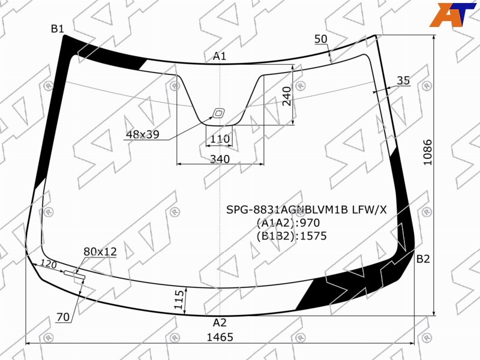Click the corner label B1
pyautogui.click(x=57, y=29)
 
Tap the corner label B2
pyautogui.click(x=423, y=259)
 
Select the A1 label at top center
pyautogui.click(x=220, y=56)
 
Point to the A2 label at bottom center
pyautogui.click(x=220, y=322)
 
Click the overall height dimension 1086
pyautogui.click(x=427, y=152)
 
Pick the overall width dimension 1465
pyautogui.click(x=220, y=337)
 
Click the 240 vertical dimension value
pyautogui.click(x=287, y=96)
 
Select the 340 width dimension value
pyautogui.click(x=220, y=159)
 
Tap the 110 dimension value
pyautogui.click(x=220, y=139)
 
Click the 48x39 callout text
pyautogui.click(x=143, y=134)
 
